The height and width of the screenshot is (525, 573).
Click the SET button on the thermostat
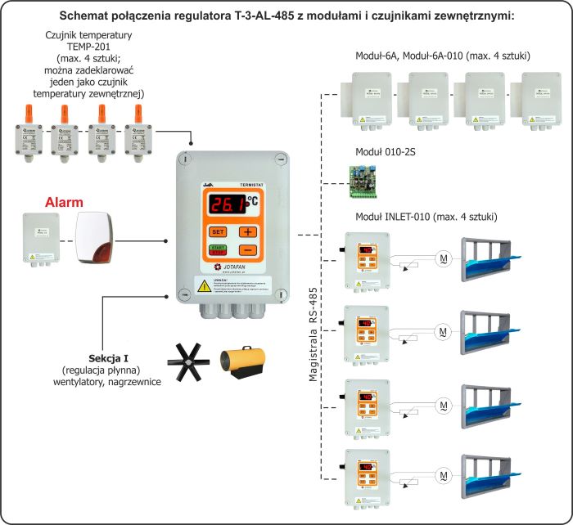pyautogui.click(x=219, y=231)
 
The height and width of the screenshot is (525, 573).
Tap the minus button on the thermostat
pyautogui.click(x=248, y=250)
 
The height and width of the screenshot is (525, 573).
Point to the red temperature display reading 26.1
pyautogui.click(x=232, y=204)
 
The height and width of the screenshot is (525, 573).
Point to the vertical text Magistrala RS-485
pyautogui.click(x=313, y=334)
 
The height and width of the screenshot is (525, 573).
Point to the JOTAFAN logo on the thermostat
pyautogui.click(x=233, y=267)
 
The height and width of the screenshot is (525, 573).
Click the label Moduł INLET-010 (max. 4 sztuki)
pyautogui.click(x=426, y=217)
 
